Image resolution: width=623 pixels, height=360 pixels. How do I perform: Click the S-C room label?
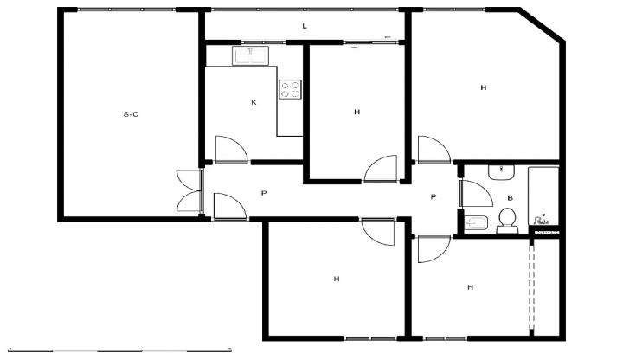(131, 114)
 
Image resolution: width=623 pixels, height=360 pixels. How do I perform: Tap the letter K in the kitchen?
(254, 102)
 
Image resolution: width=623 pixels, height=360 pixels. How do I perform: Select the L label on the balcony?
(305, 26)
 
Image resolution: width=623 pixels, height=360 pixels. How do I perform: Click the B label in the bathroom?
(511, 198)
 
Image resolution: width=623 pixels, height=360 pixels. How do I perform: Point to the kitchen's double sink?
(251, 56)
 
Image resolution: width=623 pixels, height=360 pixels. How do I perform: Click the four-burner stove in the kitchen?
(290, 89)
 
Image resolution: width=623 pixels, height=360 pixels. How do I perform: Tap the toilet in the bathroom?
(507, 221)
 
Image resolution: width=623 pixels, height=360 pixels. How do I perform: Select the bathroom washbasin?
(502, 173)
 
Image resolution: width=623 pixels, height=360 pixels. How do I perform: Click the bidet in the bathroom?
(476, 223)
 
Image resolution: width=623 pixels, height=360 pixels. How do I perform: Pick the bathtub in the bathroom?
(543, 196)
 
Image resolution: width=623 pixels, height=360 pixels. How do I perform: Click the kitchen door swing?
(231, 150)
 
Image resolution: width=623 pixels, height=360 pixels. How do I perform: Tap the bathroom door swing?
(477, 194)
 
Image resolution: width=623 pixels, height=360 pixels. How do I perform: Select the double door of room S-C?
(189, 190)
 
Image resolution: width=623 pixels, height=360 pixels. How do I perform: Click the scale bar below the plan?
(119, 350)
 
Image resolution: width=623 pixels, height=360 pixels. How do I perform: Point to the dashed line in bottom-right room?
(532, 286)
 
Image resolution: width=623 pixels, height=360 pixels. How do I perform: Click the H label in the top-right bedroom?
(484, 87)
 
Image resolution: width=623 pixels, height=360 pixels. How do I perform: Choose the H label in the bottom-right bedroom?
(471, 287)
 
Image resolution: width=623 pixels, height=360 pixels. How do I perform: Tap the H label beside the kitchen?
(356, 112)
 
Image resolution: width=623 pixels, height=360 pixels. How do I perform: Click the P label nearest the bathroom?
(434, 196)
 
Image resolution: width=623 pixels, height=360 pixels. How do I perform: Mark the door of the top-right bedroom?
(434, 150)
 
